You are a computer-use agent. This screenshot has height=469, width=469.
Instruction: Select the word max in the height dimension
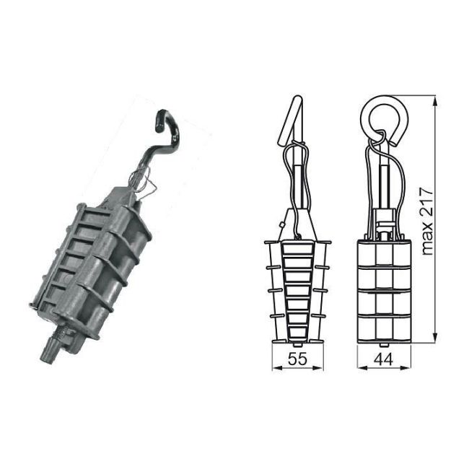tap(430, 241)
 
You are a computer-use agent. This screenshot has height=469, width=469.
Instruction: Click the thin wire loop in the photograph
tap(144, 189)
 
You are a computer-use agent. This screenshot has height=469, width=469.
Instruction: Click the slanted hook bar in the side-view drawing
tap(292, 118)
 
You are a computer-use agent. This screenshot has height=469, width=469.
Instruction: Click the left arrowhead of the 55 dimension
tap(274, 367)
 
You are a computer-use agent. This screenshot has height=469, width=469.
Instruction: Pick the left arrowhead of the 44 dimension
tap(360, 367)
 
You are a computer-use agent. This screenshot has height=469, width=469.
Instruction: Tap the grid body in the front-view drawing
tap(383, 289)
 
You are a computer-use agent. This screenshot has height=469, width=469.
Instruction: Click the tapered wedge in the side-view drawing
tap(298, 289)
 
